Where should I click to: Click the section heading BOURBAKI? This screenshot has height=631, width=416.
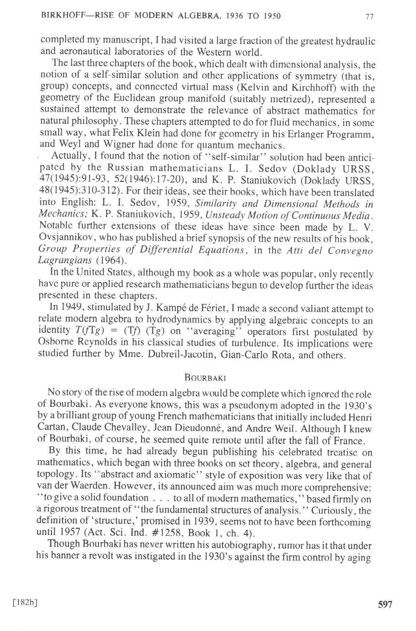click(x=206, y=377)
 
